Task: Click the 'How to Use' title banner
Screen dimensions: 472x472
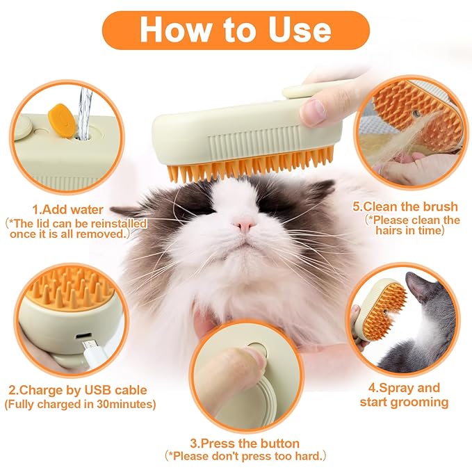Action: tap(235, 30)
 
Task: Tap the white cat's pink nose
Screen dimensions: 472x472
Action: tap(243, 225)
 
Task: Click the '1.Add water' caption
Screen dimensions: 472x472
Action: tap(67, 209)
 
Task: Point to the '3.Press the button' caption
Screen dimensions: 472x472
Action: tap(245, 443)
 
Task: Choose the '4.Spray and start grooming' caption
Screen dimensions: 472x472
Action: tap(404, 395)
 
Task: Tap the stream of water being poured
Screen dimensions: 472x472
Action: tap(84, 111)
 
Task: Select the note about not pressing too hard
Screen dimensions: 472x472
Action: tap(245, 457)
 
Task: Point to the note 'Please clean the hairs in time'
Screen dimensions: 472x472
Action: tap(412, 225)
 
